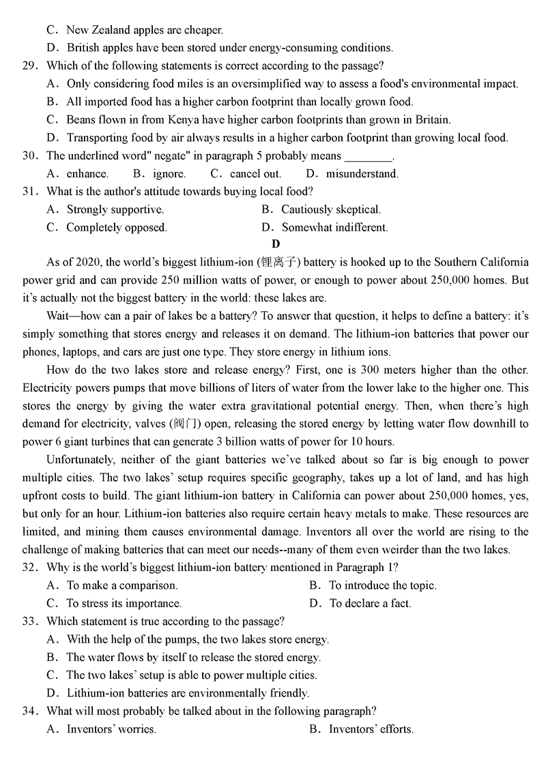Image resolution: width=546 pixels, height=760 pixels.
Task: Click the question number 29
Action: [29, 66]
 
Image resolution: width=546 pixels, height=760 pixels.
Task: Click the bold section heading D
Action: [276, 244]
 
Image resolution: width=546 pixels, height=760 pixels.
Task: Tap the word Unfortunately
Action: [83, 460]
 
